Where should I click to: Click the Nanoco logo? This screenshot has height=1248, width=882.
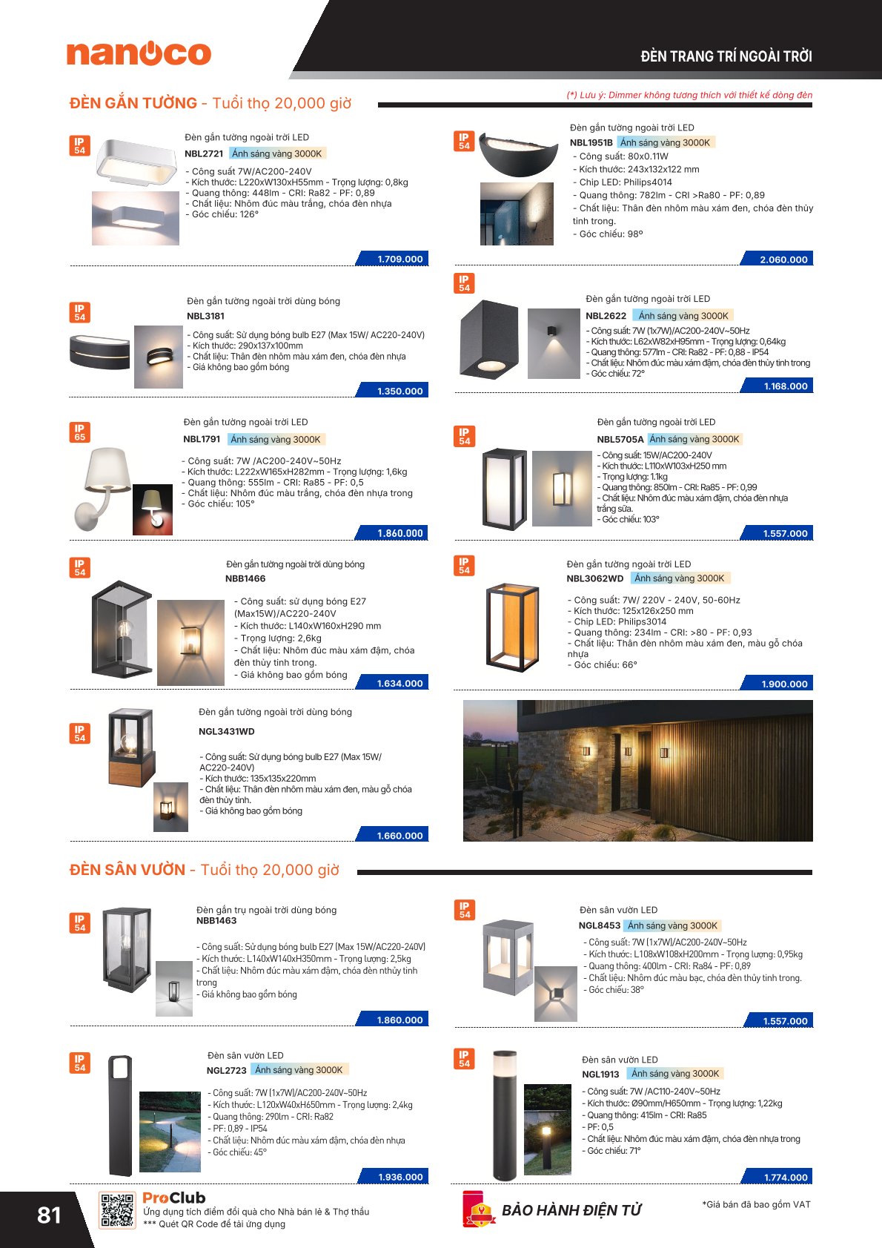pos(139,53)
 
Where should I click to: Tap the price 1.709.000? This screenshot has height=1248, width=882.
pos(399,259)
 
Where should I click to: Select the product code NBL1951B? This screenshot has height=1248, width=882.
pos(591,142)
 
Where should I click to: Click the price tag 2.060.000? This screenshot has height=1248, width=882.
pos(783,260)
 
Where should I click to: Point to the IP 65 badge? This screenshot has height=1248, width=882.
pos(79,432)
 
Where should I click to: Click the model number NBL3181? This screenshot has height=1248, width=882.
pos(205,316)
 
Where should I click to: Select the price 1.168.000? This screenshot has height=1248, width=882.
pos(786,386)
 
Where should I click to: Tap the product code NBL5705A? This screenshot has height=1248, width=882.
pos(620,439)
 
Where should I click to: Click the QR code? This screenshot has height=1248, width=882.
pos(117,1210)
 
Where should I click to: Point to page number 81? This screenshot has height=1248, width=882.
pos(49,1215)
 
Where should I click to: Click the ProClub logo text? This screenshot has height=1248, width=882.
pos(173,1198)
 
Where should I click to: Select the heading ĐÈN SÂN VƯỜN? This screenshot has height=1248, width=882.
pos(127,870)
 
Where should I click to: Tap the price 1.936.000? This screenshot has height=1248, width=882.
pos(400,1177)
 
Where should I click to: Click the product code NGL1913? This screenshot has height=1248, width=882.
pos(600,1074)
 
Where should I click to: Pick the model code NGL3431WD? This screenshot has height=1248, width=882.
pos(226,731)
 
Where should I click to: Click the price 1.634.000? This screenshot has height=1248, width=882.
pos(399,683)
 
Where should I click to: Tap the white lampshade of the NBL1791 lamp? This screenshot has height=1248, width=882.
pos(109,469)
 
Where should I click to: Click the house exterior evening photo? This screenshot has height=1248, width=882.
pos(637,770)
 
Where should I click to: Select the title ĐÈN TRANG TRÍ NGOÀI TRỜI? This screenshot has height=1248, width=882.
pos(726,56)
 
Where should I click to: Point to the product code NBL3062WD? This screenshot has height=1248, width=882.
pos(595,578)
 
